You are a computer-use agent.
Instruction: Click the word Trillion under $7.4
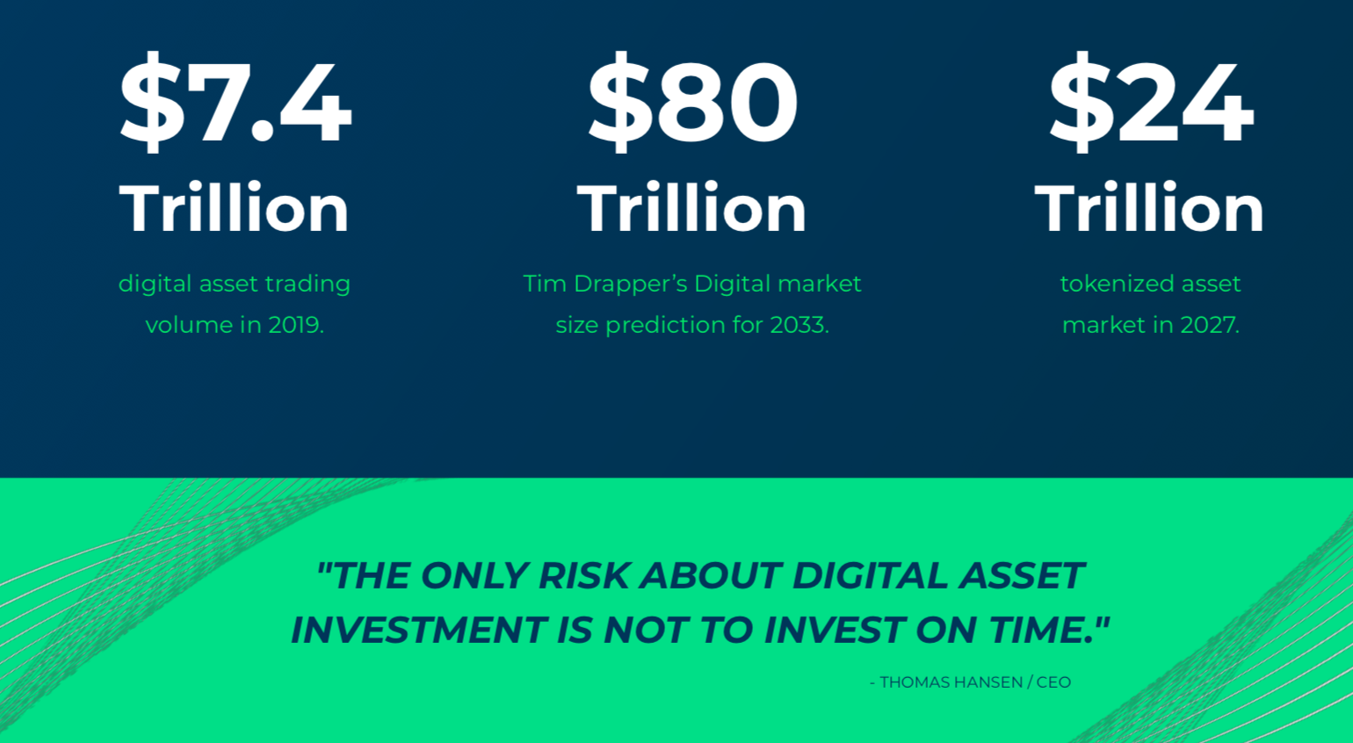[x=234, y=207]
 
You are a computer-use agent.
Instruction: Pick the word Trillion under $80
[x=691, y=207]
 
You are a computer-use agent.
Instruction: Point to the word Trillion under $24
[x=1149, y=207]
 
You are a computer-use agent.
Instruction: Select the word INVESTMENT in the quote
[x=419, y=630]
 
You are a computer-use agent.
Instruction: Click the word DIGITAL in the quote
[x=871, y=575]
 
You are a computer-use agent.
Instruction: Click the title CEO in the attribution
[x=1053, y=682]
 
